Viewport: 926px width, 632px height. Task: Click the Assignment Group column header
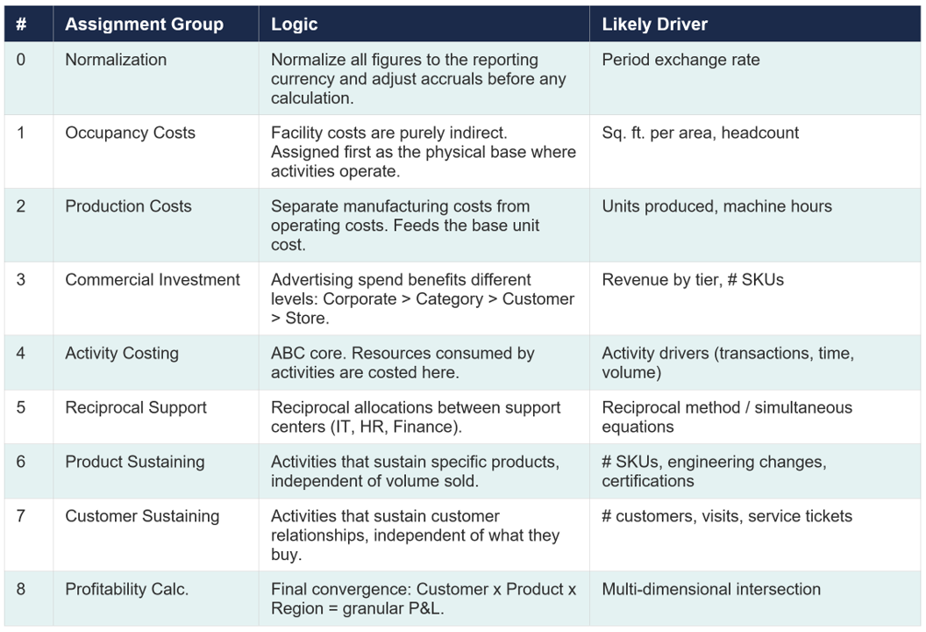pos(144,24)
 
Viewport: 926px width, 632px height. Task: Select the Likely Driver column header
pos(654,24)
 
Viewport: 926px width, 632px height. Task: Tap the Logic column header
pos(294,24)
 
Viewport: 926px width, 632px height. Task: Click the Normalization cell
pos(116,60)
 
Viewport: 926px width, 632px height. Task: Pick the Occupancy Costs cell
pos(130,133)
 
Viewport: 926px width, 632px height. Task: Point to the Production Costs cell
pos(128,206)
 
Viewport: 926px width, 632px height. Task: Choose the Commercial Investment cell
pos(153,280)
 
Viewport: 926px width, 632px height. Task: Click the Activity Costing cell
pos(122,353)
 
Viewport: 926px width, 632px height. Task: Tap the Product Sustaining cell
pos(134,462)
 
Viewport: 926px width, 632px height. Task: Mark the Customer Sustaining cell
pos(142,516)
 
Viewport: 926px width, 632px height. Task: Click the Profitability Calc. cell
pos(126,589)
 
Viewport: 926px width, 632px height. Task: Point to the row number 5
pos(21,407)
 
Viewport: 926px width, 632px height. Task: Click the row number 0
pos(21,60)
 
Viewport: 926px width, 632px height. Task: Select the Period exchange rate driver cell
pos(680,60)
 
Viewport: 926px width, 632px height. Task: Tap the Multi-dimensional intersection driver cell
pos(711,589)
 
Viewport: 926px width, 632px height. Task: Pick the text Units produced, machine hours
pos(716,206)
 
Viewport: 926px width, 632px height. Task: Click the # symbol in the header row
pos(21,24)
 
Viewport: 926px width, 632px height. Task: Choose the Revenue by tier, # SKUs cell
pos(693,280)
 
